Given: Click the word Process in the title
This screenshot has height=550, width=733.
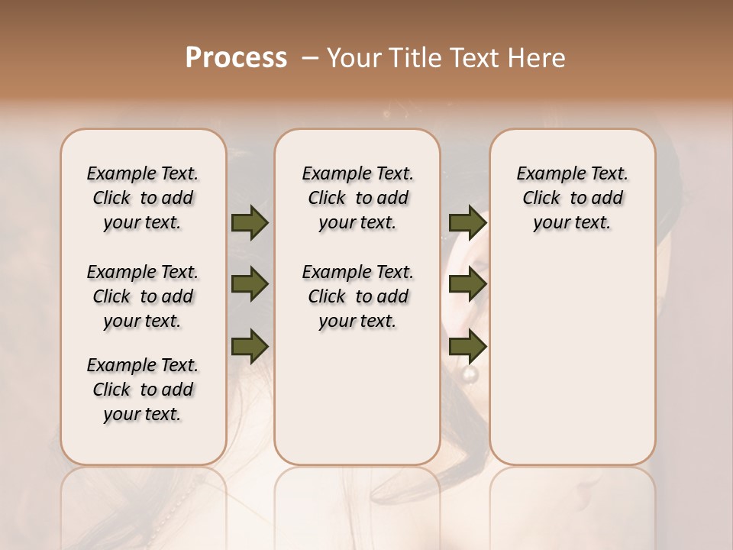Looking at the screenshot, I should [x=236, y=58].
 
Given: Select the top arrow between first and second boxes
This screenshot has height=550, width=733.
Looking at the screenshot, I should [x=250, y=222].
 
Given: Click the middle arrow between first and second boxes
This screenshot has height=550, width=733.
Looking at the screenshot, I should [x=250, y=284].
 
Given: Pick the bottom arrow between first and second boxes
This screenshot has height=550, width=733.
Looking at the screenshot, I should [x=250, y=346].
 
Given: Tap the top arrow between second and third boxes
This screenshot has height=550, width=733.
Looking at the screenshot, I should [x=467, y=222].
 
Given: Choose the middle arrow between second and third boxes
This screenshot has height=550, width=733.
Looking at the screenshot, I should [x=467, y=284].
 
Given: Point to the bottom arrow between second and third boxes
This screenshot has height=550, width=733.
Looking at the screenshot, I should [x=467, y=346].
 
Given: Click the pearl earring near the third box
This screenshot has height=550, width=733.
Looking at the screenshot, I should [x=470, y=374].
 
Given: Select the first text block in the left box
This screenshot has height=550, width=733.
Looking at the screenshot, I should [x=143, y=198].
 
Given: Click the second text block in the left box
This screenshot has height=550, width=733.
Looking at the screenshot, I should [x=143, y=296].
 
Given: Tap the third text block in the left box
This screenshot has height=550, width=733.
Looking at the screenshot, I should [x=143, y=390].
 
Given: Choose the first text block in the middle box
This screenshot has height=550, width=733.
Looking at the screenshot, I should [x=357, y=198].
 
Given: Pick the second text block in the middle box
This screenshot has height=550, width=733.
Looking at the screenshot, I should [x=357, y=296].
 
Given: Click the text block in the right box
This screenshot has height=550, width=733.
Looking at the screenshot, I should [x=572, y=198].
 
